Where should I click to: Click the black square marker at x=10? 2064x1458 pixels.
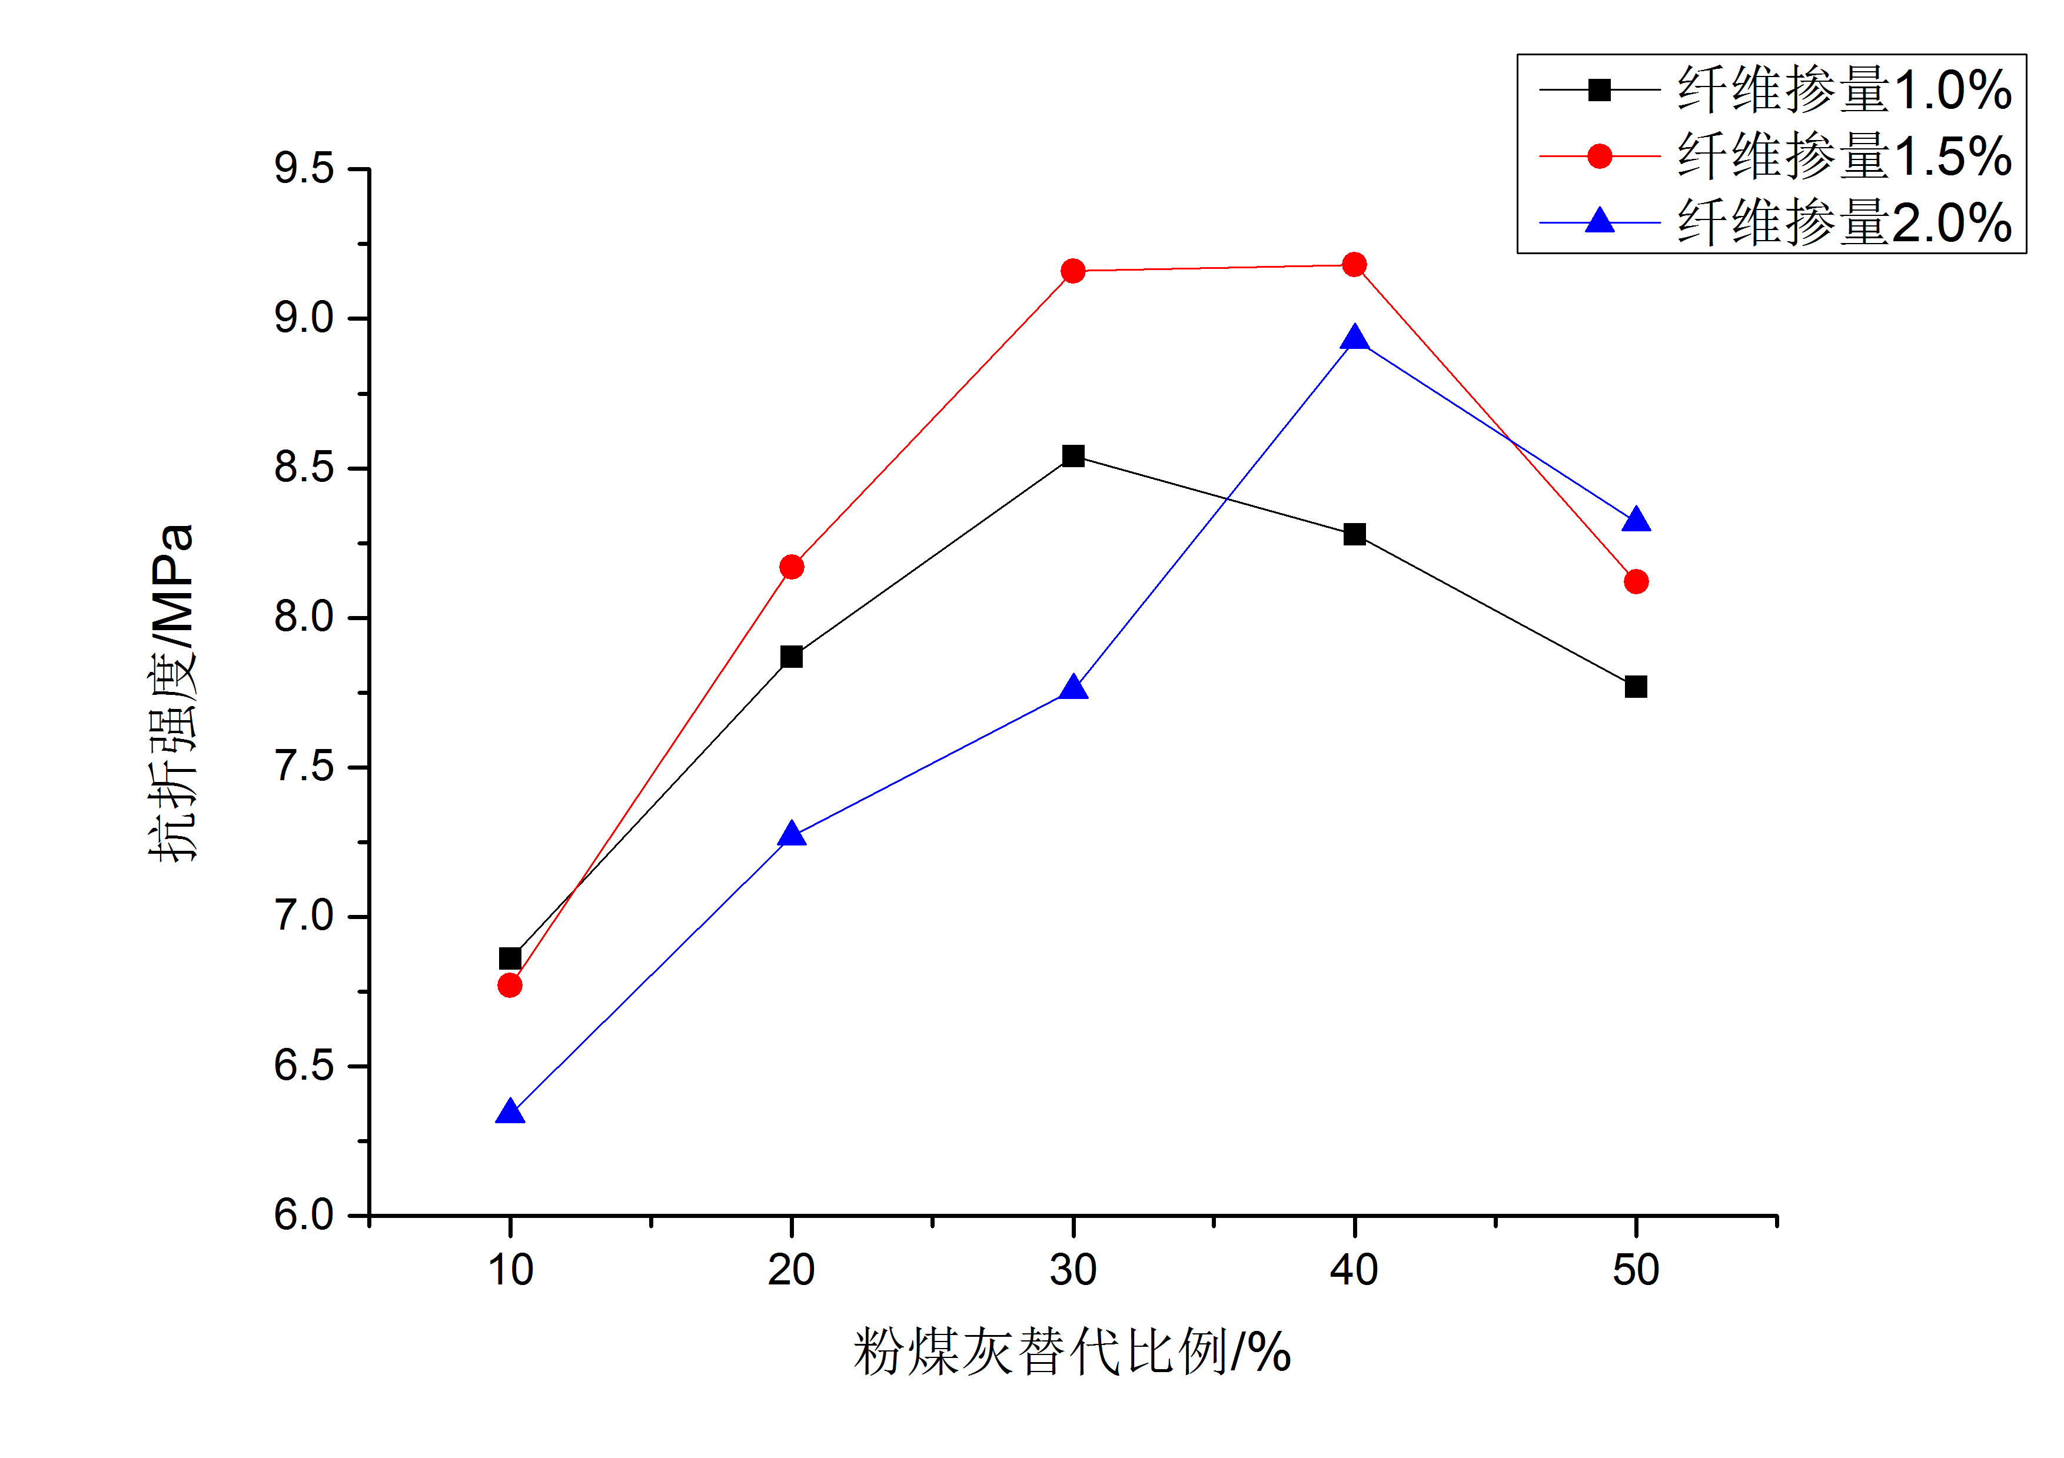(510, 958)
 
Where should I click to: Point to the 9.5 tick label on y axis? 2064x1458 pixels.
(304, 169)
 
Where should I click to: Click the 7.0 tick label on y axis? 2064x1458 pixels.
(304, 917)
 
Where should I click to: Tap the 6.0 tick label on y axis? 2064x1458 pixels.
(304, 1216)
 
